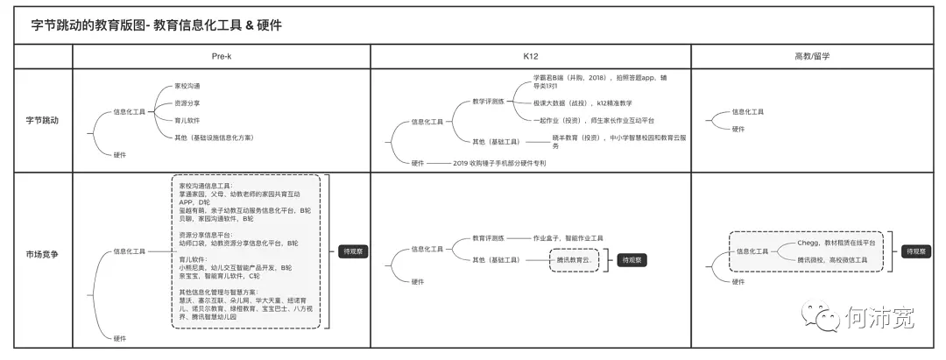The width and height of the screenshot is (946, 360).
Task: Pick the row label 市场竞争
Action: pyautogui.click(x=41, y=254)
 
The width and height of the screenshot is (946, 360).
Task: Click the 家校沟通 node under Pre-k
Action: pyautogui.click(x=187, y=86)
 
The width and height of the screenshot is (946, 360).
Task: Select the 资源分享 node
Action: pyautogui.click(x=187, y=103)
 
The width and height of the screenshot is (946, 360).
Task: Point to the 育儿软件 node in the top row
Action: pyautogui.click(x=187, y=120)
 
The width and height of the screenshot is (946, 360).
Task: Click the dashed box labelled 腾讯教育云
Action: pyautogui.click(x=573, y=260)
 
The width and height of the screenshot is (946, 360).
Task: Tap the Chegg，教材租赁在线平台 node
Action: pyautogui.click(x=836, y=242)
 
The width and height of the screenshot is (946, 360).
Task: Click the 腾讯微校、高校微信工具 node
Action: pyautogui.click(x=832, y=260)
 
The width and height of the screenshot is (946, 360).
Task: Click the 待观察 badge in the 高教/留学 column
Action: pyautogui.click(x=916, y=251)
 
